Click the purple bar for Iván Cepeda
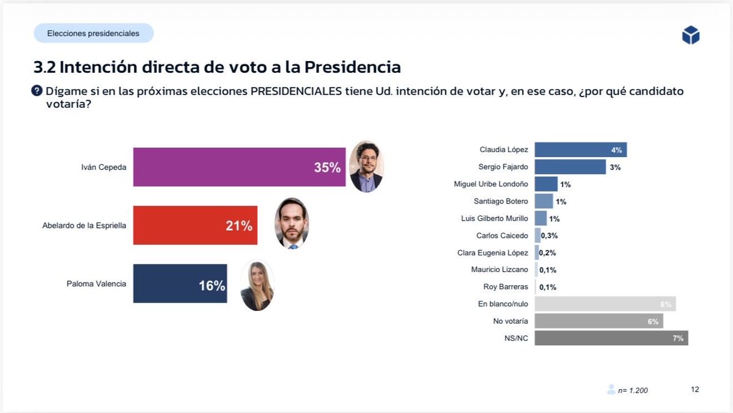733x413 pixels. coord(238,167)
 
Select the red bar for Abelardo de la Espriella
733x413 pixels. coord(194,225)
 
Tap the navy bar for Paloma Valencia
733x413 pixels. coord(179,283)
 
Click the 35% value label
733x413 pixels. coord(327,167)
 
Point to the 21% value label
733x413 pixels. coord(238,226)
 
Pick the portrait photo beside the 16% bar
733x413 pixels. coord(257,285)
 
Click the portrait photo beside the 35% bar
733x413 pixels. coord(366,166)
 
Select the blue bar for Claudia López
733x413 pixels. coord(580,150)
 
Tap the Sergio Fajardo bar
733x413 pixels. coord(569,167)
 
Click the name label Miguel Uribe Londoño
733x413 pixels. coord(491,184)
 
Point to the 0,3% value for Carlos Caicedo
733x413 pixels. coord(549,236)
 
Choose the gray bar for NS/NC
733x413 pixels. coord(611,338)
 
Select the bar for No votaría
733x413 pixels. coord(598,321)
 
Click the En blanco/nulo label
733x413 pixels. coord(503,304)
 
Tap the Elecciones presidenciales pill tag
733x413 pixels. coord(94,34)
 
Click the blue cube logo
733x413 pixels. coord(690,35)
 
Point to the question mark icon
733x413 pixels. coord(37,91)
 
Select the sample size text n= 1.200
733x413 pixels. coord(632,390)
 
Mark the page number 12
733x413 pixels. coord(694,390)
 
